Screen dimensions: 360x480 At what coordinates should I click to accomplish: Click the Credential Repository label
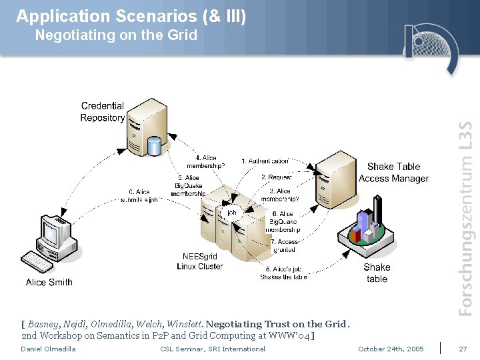(x=103, y=112)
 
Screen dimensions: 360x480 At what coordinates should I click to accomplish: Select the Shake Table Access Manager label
(x=393, y=173)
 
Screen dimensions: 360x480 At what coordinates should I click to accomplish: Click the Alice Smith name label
(x=49, y=282)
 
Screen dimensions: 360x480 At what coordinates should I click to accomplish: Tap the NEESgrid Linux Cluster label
(x=200, y=261)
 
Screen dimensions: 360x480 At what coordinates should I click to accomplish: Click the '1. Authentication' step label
(x=265, y=161)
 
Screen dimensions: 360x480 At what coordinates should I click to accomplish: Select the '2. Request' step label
(x=277, y=177)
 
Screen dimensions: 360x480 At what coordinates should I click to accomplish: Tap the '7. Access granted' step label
(x=285, y=246)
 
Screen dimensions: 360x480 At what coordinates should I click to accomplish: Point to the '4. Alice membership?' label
(x=205, y=162)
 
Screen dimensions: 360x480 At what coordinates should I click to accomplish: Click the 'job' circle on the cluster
(x=231, y=213)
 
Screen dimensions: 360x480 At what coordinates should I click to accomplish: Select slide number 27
(x=463, y=349)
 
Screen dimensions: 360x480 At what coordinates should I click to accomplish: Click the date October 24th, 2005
(x=391, y=349)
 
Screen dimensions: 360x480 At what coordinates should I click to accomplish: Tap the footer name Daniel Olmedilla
(x=48, y=349)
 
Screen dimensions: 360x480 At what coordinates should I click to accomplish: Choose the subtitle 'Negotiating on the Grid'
(x=116, y=35)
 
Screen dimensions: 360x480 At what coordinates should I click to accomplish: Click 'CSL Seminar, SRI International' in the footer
(x=213, y=349)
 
